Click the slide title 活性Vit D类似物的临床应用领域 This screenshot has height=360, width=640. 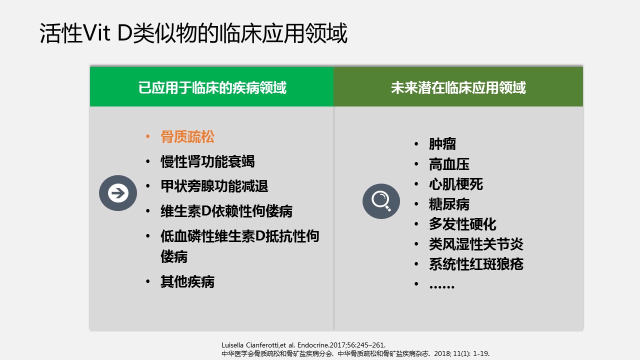(x=193, y=33)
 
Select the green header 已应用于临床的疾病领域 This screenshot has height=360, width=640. (x=212, y=87)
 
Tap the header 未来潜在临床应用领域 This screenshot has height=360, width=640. (x=458, y=87)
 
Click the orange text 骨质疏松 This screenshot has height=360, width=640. (x=187, y=136)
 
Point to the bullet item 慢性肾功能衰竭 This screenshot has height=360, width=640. (x=207, y=161)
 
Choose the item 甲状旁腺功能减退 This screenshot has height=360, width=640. (x=214, y=186)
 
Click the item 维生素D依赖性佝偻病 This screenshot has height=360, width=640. (x=226, y=211)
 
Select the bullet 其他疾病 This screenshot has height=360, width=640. (x=187, y=281)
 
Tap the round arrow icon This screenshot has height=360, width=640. (x=118, y=193)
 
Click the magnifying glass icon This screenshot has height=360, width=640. (x=381, y=201)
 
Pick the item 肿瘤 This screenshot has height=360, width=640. (x=442, y=144)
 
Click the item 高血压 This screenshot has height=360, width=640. (x=449, y=164)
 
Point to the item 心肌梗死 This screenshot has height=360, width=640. (x=456, y=184)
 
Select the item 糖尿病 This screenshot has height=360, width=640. (x=449, y=204)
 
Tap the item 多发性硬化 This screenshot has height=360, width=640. (x=462, y=224)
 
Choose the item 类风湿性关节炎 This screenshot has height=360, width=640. (x=476, y=244)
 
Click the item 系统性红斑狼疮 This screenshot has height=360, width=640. (x=476, y=264)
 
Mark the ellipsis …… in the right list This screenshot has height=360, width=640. (x=441, y=286)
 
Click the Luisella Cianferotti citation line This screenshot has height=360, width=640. (x=303, y=345)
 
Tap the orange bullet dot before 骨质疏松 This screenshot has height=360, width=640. (x=147, y=136)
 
